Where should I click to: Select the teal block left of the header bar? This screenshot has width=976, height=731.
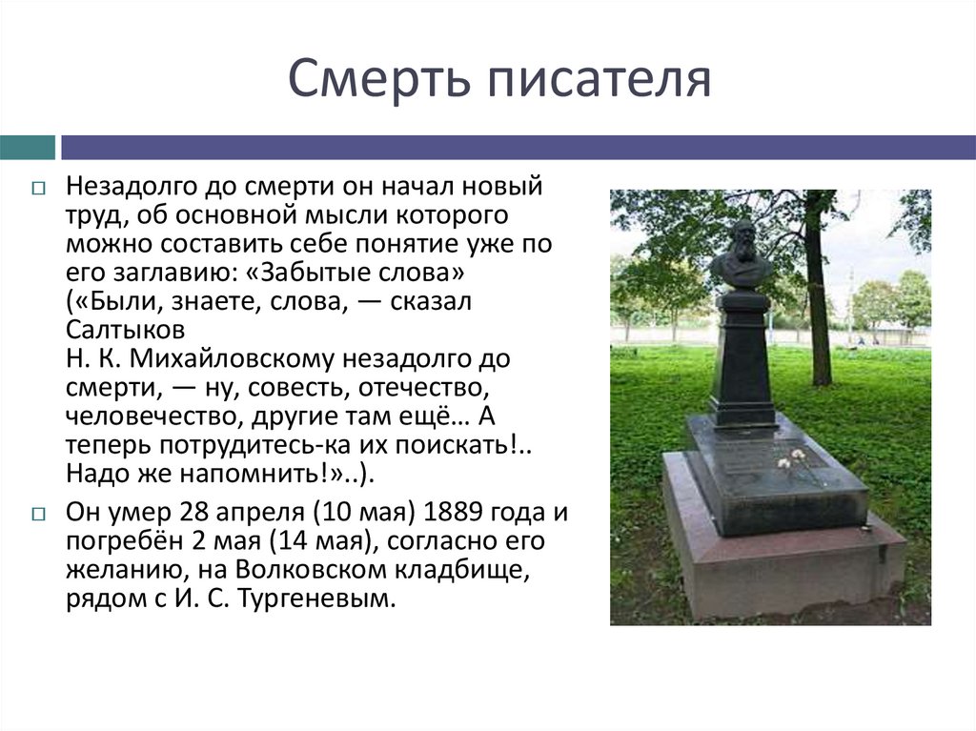(27, 148)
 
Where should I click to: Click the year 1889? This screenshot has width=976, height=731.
(459, 513)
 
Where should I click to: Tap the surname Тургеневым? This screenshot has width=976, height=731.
(313, 601)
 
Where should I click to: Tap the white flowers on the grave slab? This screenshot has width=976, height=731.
(791, 460)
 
